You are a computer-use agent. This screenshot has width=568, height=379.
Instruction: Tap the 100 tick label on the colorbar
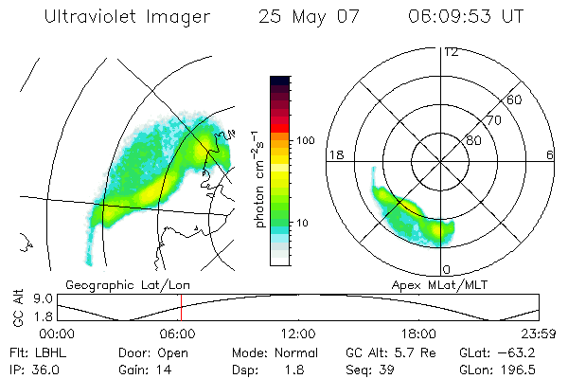pyautogui.click(x=306, y=140)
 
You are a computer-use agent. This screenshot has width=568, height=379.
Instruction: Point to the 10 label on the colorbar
pyautogui.click(x=303, y=223)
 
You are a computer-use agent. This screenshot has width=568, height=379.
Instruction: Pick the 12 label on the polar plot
pyautogui.click(x=451, y=51)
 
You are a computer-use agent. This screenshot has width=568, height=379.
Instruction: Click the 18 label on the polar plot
pyautogui.click(x=334, y=154)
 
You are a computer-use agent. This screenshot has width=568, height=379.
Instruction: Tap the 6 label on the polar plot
pyautogui.click(x=550, y=154)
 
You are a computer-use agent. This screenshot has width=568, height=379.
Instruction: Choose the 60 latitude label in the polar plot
pyautogui.click(x=515, y=99)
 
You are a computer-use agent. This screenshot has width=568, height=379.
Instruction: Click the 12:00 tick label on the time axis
pyautogui.click(x=298, y=334)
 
